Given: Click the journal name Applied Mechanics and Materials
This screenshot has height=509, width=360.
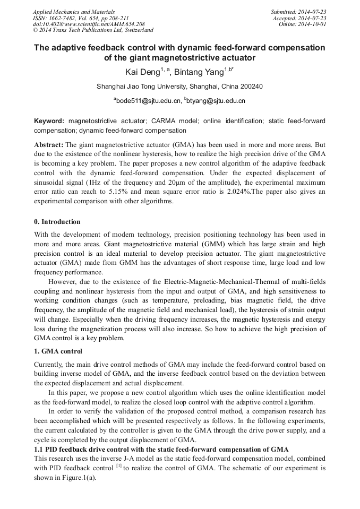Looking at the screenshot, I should (x=74, y=12).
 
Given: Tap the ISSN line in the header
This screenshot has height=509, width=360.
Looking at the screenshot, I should (x=81, y=18).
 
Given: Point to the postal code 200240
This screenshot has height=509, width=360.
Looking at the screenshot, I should (x=251, y=86).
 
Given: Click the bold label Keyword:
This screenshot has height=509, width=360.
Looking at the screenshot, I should (x=49, y=121).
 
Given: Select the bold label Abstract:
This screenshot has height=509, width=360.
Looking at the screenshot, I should (x=49, y=144).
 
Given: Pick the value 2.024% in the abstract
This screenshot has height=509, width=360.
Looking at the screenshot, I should (x=242, y=192).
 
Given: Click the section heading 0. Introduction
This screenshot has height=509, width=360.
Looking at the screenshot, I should (x=57, y=221).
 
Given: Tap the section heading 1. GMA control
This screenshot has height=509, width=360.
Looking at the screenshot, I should (x=58, y=351).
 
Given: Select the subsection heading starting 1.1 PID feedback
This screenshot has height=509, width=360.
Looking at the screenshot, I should (x=161, y=449).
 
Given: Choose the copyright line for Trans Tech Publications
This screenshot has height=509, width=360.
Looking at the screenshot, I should (x=93, y=31).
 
